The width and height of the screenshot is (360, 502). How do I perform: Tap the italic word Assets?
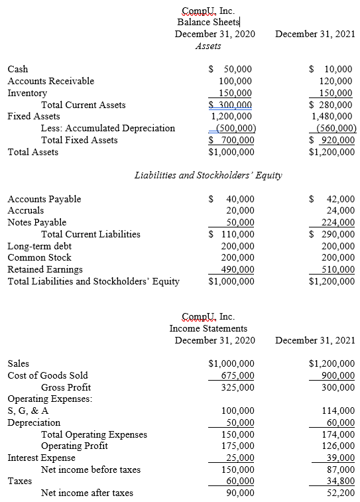coord(208,46)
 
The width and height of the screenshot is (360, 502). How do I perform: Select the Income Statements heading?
coord(208,328)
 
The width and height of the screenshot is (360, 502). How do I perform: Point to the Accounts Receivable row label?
coord(50,81)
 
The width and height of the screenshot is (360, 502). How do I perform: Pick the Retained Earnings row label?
coord(45,269)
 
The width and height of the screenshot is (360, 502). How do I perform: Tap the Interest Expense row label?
coord(41,458)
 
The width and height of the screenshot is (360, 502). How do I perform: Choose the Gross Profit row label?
coord(66,387)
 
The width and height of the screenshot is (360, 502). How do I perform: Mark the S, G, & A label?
coord(28,411)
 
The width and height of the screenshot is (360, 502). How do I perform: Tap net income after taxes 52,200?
coord(341,493)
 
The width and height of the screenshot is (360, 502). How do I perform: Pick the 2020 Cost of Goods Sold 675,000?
coord(235,375)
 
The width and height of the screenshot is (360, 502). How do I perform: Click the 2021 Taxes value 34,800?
coord(341,481)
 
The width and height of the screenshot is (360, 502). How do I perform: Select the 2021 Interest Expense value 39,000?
coord(341,458)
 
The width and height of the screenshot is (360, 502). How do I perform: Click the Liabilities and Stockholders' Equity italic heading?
coord(208,176)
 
